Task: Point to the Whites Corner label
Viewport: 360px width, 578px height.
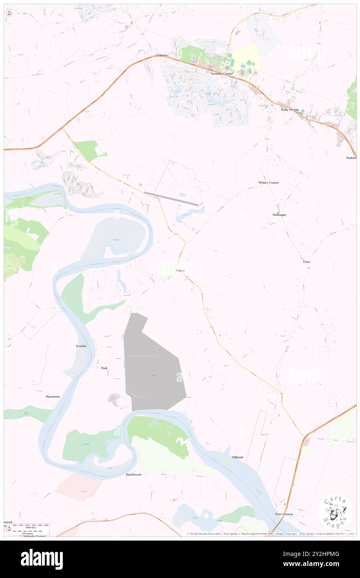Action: tap(269, 183)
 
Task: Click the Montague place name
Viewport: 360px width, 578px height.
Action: tap(279, 215)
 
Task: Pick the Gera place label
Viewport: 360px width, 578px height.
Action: tap(307, 262)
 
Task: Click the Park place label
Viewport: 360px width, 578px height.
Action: tap(104, 368)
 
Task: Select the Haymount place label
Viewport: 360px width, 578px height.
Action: tap(53, 397)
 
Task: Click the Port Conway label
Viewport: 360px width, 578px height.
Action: tap(284, 514)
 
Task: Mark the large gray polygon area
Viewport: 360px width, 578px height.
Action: tap(154, 366)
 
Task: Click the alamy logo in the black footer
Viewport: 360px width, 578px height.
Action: tap(42, 559)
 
